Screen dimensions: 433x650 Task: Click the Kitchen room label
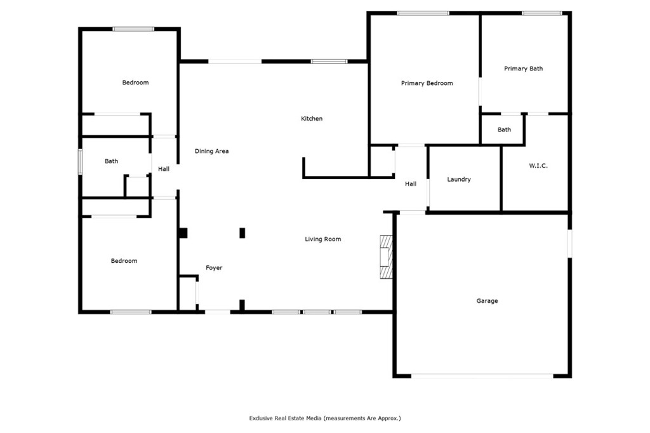(312, 119)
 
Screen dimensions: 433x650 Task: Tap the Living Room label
(323, 239)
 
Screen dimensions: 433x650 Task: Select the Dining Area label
(211, 151)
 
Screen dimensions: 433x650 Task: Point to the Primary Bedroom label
(427, 83)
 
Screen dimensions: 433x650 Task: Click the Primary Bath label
(523, 69)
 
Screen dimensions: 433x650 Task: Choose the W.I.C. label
(538, 166)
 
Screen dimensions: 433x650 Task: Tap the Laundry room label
(459, 180)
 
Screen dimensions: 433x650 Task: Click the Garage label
(487, 301)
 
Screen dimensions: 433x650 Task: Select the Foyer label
(214, 268)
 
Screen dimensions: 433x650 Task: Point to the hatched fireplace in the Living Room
(386, 256)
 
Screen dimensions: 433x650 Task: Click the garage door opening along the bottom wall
(482, 376)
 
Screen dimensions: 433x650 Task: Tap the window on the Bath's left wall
(80, 161)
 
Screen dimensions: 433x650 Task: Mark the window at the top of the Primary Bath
(541, 13)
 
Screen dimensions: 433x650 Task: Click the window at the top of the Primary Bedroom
(423, 13)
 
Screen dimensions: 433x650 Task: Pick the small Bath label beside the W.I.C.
(504, 130)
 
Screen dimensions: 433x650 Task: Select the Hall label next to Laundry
(411, 184)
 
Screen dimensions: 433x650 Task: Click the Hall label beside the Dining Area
(164, 169)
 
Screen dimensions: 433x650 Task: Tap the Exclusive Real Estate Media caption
(325, 418)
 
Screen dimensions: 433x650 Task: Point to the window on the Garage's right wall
(569, 243)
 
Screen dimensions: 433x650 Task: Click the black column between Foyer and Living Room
(242, 233)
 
